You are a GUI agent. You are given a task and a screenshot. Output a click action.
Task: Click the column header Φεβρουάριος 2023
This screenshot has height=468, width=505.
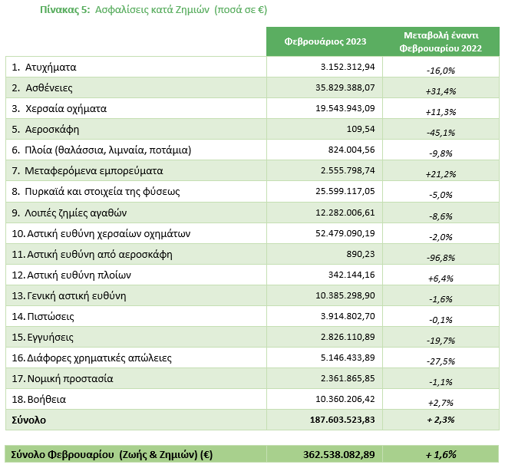pos(325,42)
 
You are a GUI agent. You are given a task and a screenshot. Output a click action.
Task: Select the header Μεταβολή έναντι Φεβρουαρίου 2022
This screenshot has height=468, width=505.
pos(441,42)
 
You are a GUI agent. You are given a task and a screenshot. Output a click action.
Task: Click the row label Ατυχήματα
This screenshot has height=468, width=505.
pos(51,68)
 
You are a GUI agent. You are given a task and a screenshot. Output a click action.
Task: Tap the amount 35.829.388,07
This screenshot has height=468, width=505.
pos(345,87)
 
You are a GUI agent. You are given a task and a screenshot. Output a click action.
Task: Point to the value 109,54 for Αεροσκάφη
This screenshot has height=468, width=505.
pos(361,129)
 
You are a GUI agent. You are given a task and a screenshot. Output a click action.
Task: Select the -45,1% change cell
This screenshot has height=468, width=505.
pos(441,133)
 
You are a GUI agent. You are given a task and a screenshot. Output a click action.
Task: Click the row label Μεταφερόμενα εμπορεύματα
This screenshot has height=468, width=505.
pos(94,171)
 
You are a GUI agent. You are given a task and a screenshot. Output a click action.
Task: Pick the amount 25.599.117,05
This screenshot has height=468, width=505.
pos(345,191)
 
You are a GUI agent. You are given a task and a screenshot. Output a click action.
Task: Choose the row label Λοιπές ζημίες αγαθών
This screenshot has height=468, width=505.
pos(76,213)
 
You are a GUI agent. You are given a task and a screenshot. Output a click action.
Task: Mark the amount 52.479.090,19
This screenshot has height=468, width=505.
pos(345,233)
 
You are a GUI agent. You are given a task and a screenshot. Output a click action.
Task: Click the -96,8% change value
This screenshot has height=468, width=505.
pos(441,258)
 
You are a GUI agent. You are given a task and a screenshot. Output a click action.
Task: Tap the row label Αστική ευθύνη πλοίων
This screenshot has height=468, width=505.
pos(79,275)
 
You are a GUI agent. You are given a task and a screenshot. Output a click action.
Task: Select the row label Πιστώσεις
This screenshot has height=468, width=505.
pos(51,317)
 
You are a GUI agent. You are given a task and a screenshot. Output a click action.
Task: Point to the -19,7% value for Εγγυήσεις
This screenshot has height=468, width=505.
pos(441,341)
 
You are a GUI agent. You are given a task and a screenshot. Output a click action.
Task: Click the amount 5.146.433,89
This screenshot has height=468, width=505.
pos(348,358)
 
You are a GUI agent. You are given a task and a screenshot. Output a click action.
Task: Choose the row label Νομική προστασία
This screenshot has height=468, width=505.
pos(70,379)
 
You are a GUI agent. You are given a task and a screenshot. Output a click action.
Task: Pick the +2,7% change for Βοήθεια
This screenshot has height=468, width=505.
pos(441,403)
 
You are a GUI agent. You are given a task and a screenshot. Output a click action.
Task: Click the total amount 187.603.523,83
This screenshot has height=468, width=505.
pos(342,420)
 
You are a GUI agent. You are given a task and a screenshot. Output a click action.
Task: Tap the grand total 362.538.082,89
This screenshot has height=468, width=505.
pos(338,454)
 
